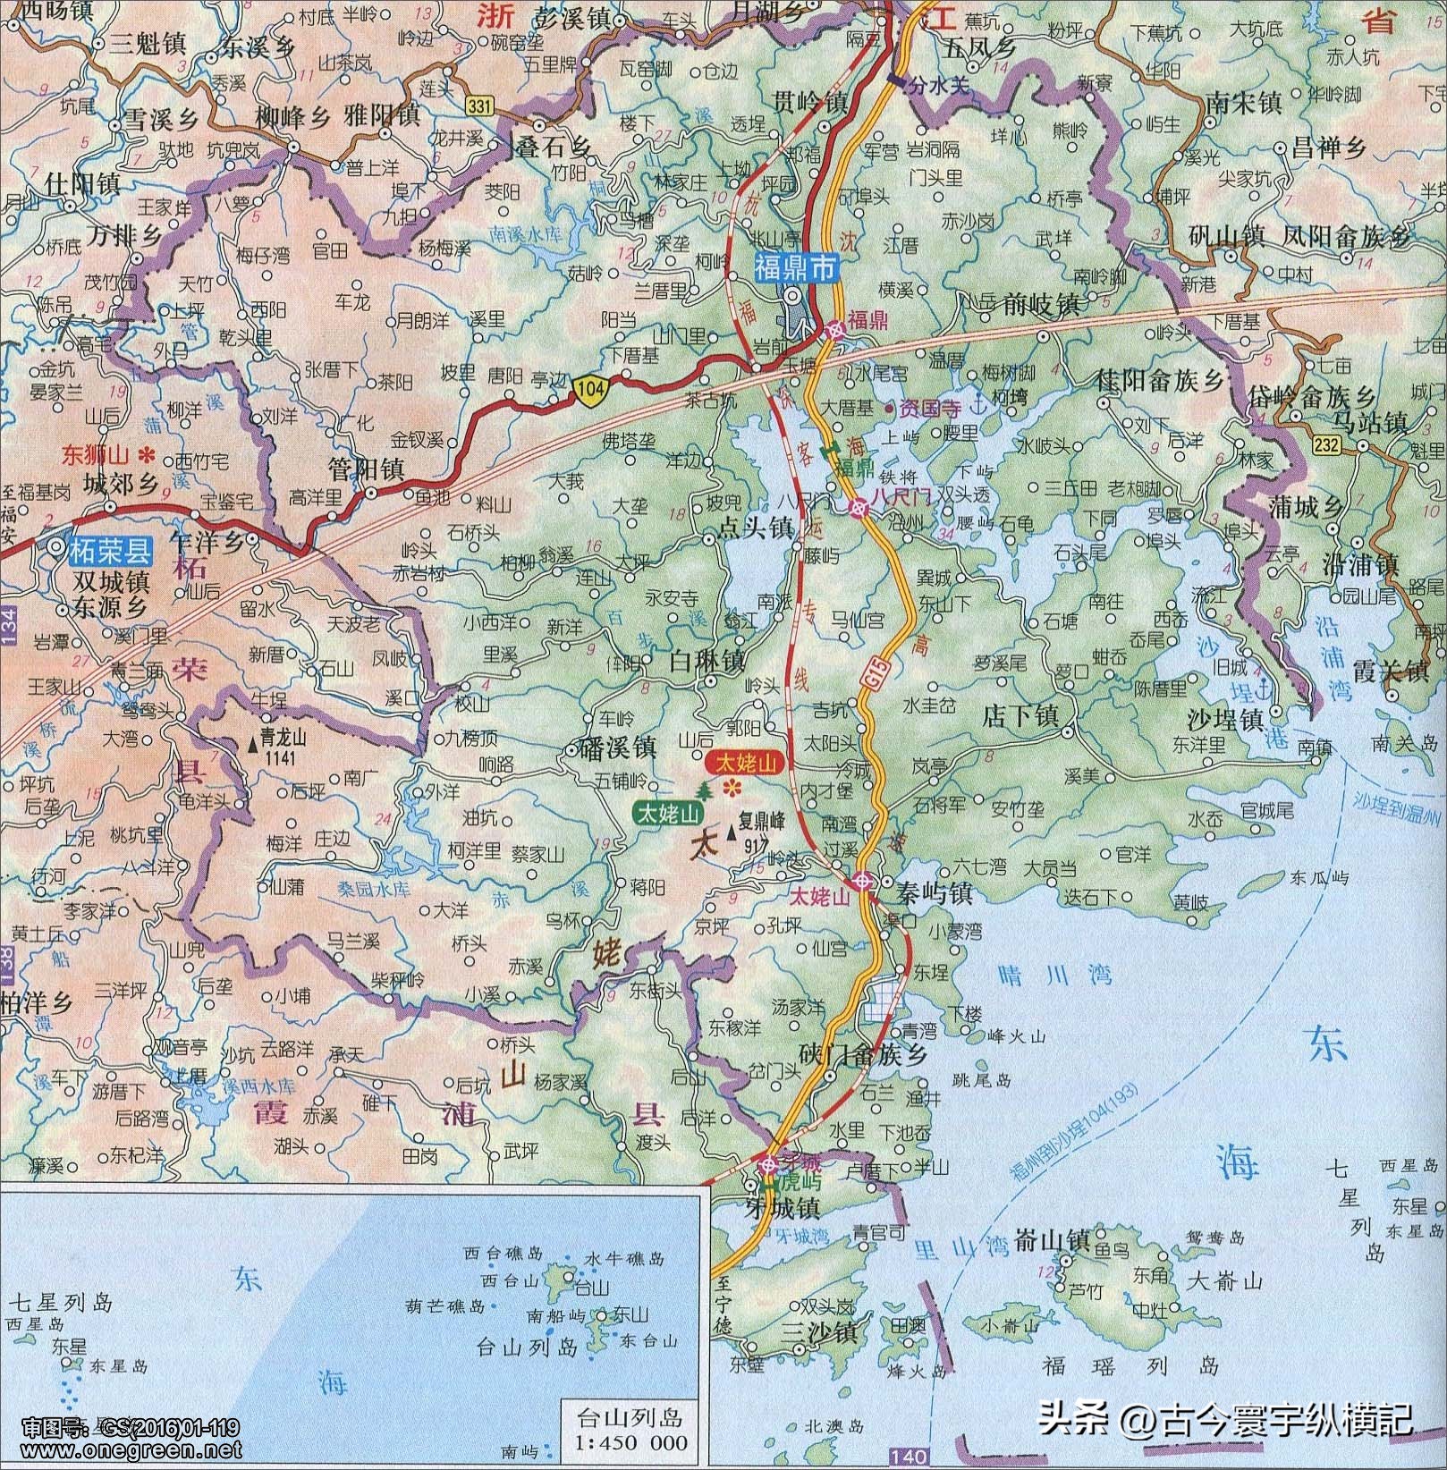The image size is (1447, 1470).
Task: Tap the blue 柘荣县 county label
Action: click(x=110, y=548)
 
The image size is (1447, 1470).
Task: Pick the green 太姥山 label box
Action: click(x=668, y=813)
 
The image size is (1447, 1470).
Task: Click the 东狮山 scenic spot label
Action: click(x=97, y=454)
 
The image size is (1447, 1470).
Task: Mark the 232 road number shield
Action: click(x=1328, y=444)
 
